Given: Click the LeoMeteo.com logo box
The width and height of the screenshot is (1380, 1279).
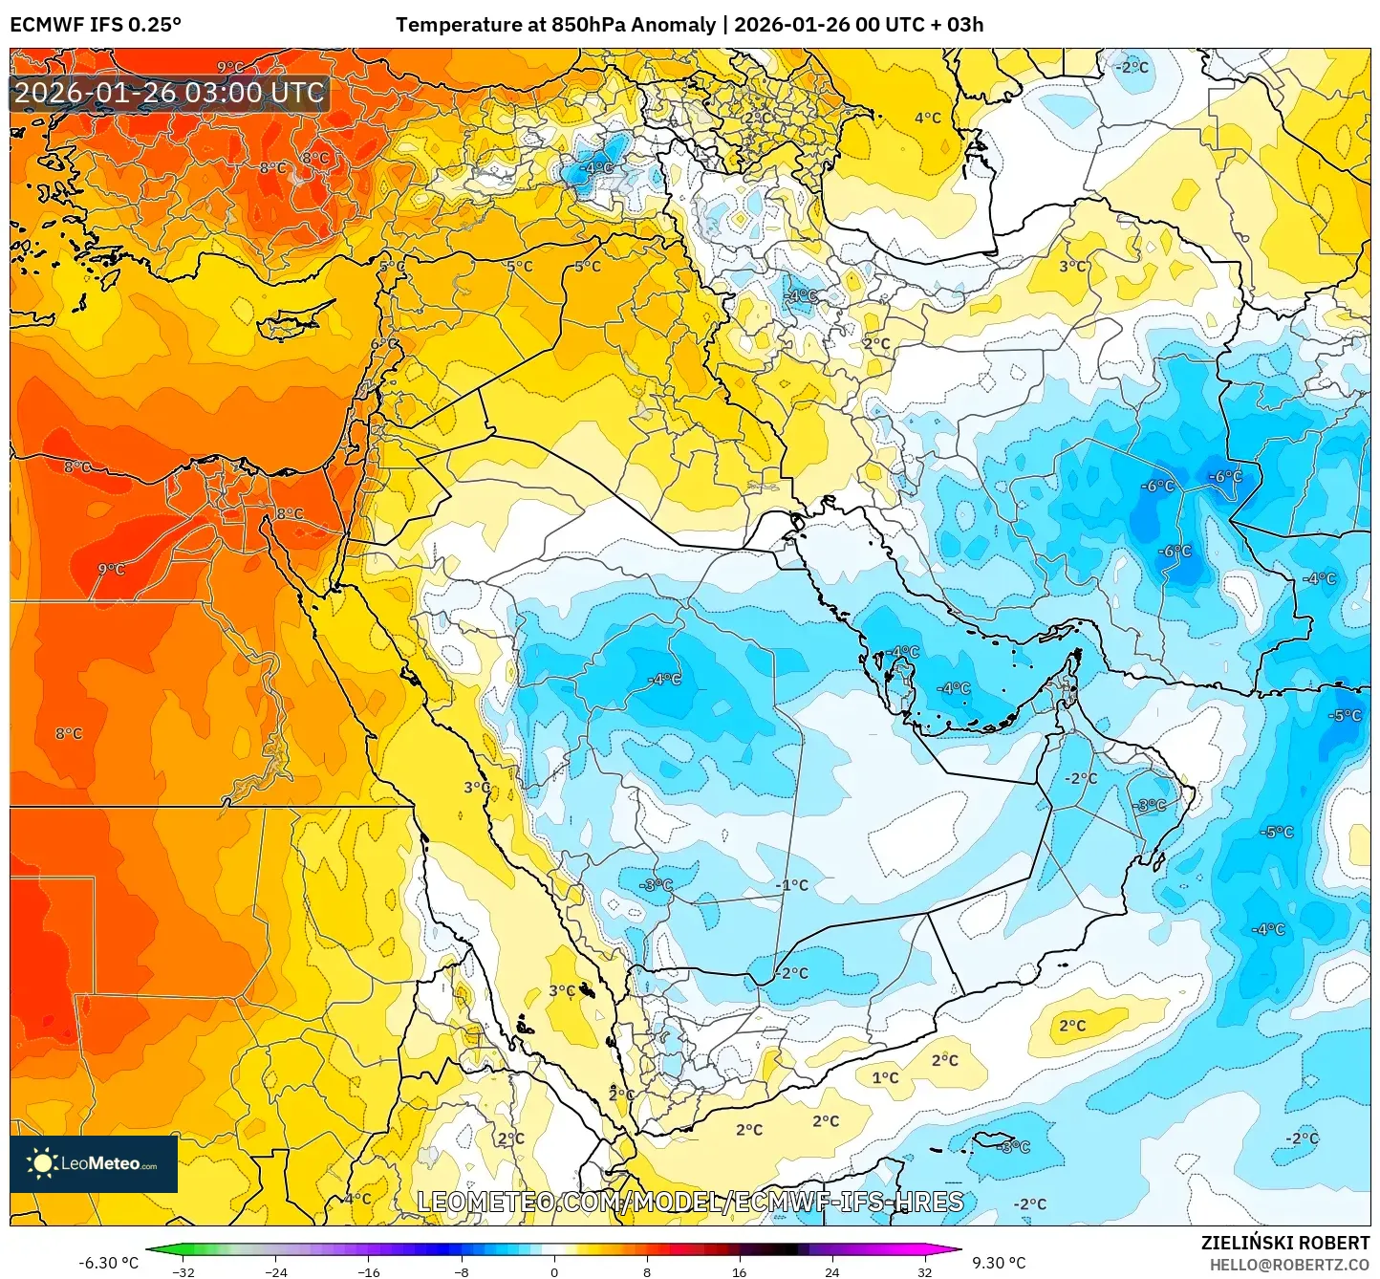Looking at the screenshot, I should pos(94,1163).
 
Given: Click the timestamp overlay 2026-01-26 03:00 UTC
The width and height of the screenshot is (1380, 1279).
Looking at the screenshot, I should pos(170,93).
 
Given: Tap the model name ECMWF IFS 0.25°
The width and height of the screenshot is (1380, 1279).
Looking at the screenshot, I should pos(96,24).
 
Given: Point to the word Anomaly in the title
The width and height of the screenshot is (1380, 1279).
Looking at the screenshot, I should pos(677,24).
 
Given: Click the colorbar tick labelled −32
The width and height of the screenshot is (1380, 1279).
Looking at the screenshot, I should pos(183,1271).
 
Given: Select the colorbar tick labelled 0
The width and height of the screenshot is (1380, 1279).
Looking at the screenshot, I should pos(554,1271).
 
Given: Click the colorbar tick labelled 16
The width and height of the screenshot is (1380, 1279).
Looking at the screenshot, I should pos(740,1271).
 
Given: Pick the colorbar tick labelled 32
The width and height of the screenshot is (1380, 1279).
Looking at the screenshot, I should pos(924,1271).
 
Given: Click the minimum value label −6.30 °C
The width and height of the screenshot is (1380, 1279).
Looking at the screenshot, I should pos(108,1263).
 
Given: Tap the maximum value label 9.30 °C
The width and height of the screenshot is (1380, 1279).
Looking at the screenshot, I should pos(999,1263).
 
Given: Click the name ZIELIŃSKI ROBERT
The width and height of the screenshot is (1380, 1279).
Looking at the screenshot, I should pos(1285,1243).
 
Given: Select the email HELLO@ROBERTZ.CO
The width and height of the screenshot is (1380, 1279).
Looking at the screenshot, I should pos(1289,1265).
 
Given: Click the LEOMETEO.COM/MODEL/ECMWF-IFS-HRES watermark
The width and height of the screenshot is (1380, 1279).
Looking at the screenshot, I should pos(690,1202).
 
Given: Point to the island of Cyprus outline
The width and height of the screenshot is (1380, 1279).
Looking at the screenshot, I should pos(291,322).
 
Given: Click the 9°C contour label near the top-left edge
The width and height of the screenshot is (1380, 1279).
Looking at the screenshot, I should pos(230,67).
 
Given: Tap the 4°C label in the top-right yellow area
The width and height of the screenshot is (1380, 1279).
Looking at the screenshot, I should pos(927,118).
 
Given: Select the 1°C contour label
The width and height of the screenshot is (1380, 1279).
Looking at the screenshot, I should pos(885,1077).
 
